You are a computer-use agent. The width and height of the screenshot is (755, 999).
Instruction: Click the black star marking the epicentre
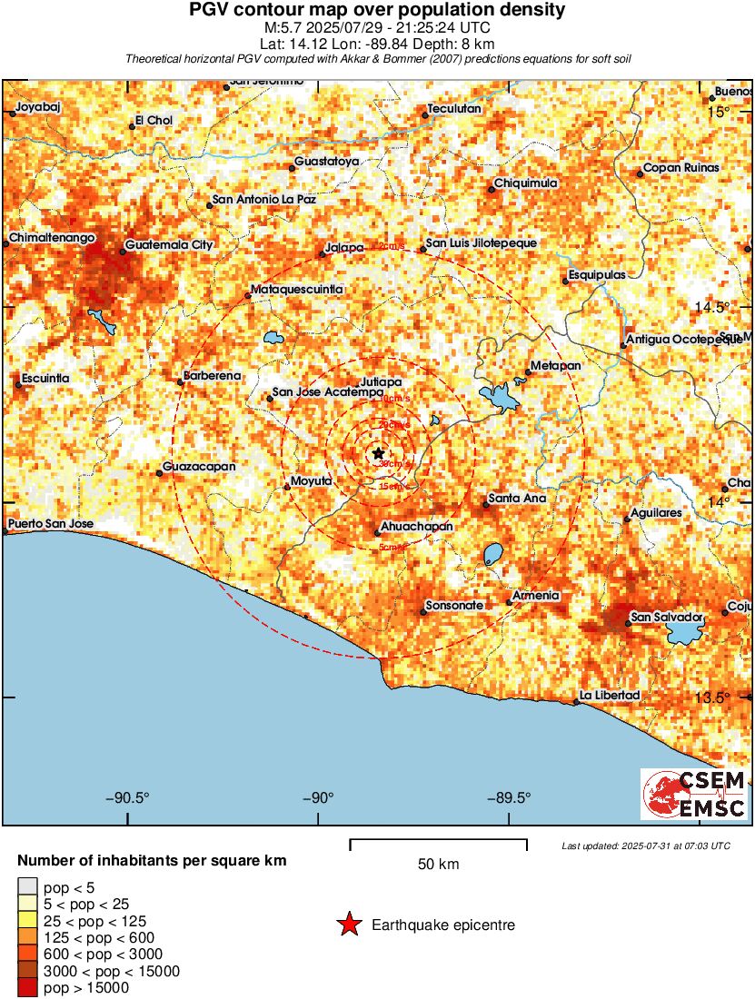point(378,453)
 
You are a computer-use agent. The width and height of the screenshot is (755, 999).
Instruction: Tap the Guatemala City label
point(168,245)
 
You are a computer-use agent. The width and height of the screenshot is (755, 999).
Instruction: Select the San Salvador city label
point(667,618)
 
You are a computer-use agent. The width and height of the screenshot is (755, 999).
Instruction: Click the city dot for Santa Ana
point(486,504)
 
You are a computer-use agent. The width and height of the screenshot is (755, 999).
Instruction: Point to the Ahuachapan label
point(413,526)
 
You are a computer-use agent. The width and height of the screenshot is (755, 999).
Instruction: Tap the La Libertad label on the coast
point(611,696)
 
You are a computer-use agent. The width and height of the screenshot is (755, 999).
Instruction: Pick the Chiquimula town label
point(525,184)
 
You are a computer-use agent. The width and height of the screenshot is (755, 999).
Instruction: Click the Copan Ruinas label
point(680,168)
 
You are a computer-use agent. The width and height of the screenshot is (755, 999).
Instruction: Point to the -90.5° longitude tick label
point(127,798)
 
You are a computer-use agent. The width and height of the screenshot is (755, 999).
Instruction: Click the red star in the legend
point(349,925)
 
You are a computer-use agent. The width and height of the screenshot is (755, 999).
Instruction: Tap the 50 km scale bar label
point(438,865)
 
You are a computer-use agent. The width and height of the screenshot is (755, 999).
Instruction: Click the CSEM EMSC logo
point(695,795)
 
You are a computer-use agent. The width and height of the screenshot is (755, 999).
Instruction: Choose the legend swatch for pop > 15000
point(27,987)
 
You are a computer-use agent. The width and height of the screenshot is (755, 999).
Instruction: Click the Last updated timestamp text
point(645,846)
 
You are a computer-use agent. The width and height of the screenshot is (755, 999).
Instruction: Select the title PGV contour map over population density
point(377,11)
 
